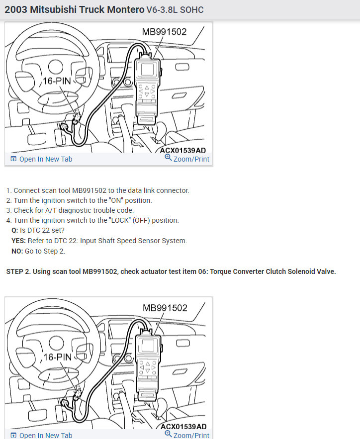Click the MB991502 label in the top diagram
click(164, 32)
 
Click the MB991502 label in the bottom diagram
click(165, 308)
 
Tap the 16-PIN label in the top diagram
click(57, 81)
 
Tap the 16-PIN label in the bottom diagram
click(58, 357)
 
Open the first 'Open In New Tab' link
click(41, 159)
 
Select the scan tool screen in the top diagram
click(148, 69)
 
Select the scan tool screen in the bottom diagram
click(148, 346)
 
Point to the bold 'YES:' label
click(18, 241)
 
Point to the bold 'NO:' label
click(17, 251)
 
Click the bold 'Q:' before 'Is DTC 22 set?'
click(14, 230)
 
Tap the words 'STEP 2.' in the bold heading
click(18, 271)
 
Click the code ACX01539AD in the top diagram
click(183, 150)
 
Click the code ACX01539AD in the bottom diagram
click(183, 427)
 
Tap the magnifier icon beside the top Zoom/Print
click(168, 158)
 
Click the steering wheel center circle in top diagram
click(56, 67)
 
